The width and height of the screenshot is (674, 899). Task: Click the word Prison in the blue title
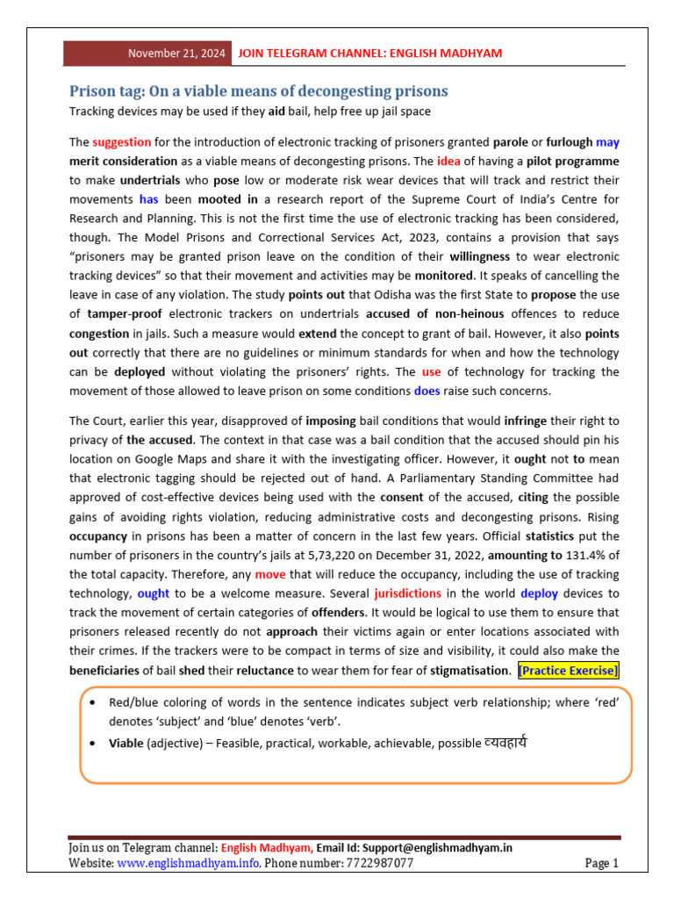(x=93, y=91)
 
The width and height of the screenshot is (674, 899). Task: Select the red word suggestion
(x=121, y=142)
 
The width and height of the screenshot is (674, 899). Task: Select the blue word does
(x=427, y=391)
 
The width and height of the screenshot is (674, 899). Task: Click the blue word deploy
(x=538, y=593)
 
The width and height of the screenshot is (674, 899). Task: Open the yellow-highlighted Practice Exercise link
(x=568, y=671)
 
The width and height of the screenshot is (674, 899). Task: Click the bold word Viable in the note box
(x=125, y=744)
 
